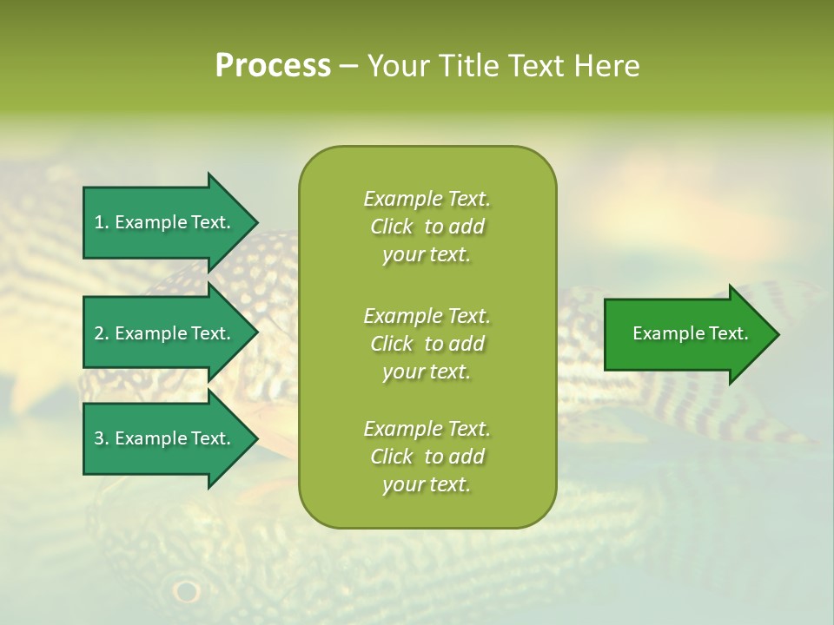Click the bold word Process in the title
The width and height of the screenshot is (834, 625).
pos(273,66)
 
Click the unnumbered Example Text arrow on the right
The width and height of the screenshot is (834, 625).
pos(686,334)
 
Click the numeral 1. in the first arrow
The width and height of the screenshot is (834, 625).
pos(101,222)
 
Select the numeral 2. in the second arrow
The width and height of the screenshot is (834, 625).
pos(101,333)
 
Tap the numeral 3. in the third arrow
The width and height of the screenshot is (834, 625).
pos(101,438)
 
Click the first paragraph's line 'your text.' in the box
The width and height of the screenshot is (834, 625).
pos(427,255)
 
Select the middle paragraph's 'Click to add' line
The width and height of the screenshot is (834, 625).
pos(427,344)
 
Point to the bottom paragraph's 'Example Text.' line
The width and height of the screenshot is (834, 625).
pos(427,429)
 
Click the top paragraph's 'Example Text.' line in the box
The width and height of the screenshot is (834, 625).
pos(427,199)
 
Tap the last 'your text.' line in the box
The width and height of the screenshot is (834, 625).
pos(427,484)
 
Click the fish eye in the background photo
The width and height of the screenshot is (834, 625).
pos(185,591)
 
